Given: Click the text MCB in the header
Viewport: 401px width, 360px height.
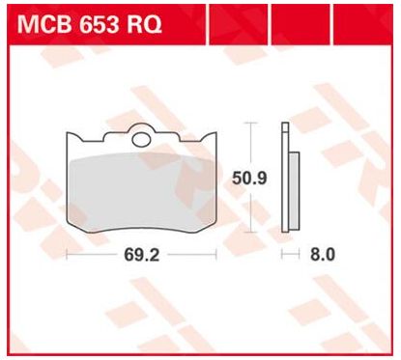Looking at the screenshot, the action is click(x=43, y=25).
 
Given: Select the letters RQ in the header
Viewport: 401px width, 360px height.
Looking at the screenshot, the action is click(x=144, y=25).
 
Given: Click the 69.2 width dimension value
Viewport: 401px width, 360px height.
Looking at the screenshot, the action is click(x=142, y=255).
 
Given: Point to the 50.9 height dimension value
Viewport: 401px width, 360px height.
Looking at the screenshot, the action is click(x=249, y=179).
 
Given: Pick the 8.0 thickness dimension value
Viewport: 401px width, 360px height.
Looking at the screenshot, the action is click(x=323, y=255).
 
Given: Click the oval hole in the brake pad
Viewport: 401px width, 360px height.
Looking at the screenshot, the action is click(x=141, y=140).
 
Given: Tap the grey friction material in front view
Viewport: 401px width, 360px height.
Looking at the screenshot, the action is click(x=143, y=192).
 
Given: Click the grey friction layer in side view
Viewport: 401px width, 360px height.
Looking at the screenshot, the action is click(x=294, y=191).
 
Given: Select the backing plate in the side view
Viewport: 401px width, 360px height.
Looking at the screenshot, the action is click(x=285, y=177).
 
